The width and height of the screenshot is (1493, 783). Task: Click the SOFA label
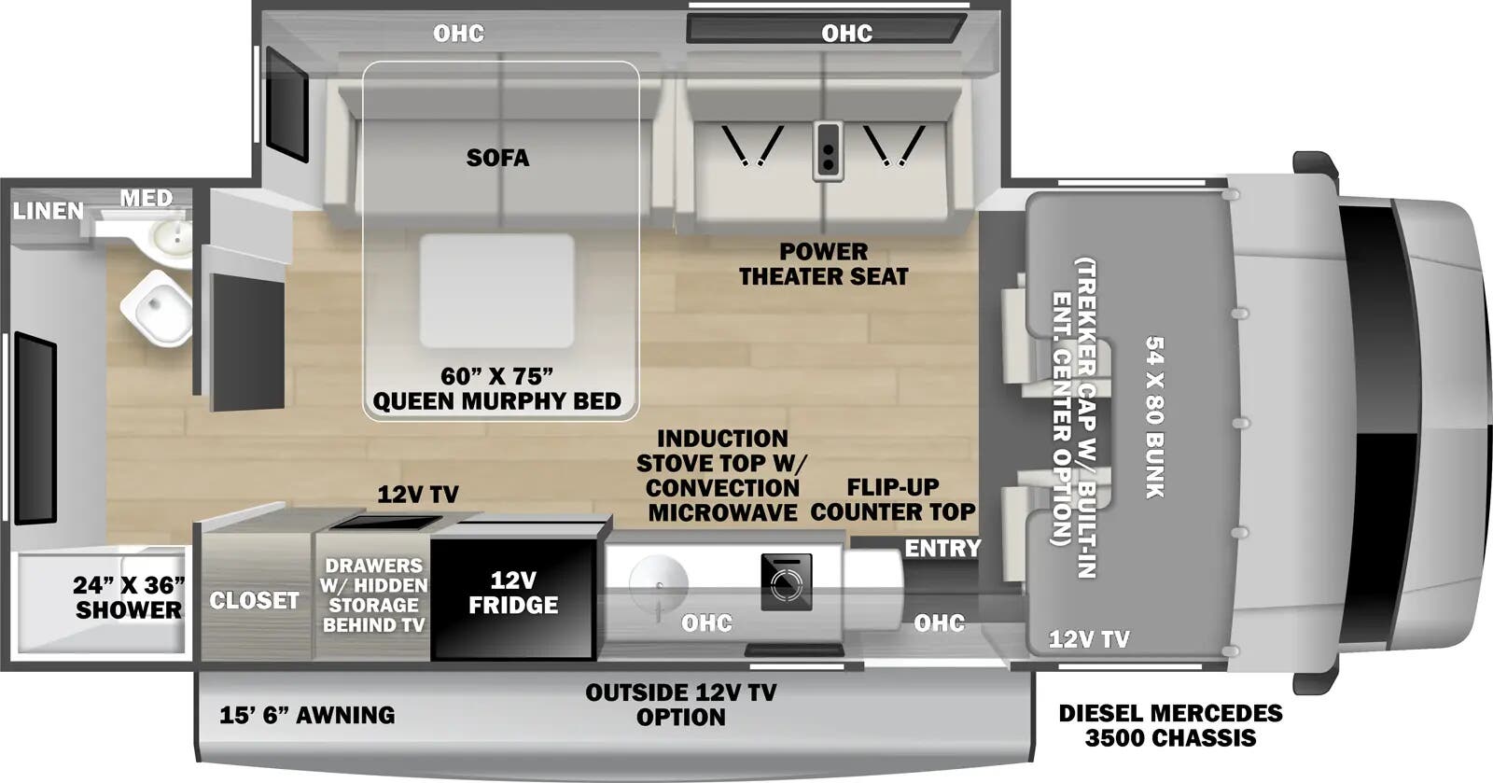coord(497,158)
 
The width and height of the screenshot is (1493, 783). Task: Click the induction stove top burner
coord(786,582)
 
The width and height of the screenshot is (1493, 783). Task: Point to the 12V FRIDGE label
coord(512,593)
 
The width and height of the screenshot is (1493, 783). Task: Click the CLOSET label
coord(254,600)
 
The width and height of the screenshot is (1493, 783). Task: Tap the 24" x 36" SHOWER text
coord(128,597)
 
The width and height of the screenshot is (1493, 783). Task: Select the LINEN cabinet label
coord(48,212)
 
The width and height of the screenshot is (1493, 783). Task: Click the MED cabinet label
coord(147,198)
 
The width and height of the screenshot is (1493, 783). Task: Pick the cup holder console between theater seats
coord(827,150)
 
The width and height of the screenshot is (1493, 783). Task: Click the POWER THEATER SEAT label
coord(823,264)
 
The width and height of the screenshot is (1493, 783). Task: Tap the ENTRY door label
coord(942,548)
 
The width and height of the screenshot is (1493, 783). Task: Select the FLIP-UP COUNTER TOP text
coord(893,499)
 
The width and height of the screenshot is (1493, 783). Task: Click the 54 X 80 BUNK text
coord(1154,416)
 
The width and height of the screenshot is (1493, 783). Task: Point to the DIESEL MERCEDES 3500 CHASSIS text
coord(1170,725)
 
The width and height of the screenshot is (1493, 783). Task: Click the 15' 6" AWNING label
coord(307,715)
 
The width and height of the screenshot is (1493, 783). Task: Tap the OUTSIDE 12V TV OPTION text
coord(680,705)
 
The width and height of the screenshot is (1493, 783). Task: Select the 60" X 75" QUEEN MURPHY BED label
coord(496,389)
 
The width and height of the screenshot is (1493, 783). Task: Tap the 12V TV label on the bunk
coord(1088,639)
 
